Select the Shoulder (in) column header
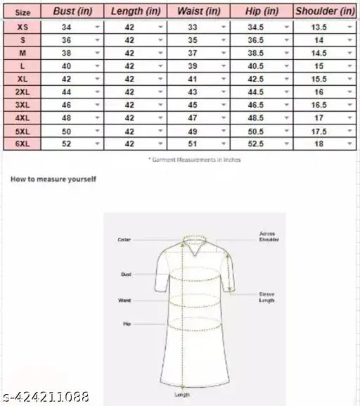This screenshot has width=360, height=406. (x=325, y=11)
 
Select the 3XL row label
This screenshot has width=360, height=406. (x=23, y=103)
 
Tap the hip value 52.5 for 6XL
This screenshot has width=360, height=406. (x=254, y=143)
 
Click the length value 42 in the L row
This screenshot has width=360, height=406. (x=129, y=65)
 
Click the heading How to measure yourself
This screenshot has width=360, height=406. (x=53, y=179)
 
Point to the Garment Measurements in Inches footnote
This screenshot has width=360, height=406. (x=194, y=159)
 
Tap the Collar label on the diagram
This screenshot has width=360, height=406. (x=124, y=240)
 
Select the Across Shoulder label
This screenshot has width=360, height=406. (x=268, y=236)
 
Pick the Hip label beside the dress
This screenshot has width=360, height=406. (x=127, y=325)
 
